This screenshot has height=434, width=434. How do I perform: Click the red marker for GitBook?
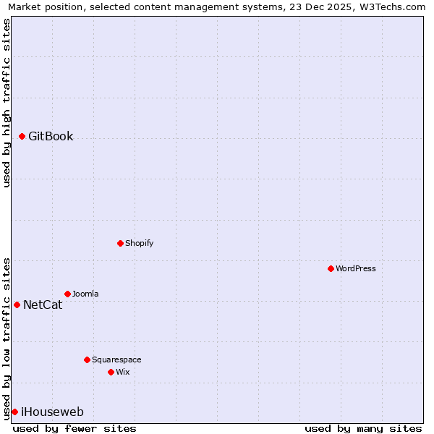coord(22,136)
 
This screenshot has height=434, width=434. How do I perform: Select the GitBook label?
coord(51,136)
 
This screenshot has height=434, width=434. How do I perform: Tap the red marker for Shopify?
coord(120,243)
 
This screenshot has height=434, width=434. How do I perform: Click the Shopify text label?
coord(139,243)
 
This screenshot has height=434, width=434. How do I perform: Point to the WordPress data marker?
coord(331,268)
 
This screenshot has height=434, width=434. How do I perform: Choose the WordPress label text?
coord(355,268)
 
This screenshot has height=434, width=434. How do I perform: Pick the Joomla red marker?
coord(67,294)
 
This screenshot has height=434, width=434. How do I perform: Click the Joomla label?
coord(85,294)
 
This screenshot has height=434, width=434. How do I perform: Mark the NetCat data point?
coord(17,305)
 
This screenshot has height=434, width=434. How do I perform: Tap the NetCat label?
coord(43,305)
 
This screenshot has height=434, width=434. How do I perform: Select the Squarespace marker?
coord(87,359)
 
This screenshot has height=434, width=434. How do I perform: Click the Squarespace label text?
coord(116,359)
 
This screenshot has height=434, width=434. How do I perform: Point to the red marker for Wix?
coord(111,372)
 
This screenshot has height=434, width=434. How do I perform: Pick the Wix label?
coord(123,372)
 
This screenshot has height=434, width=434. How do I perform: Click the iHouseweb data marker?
coord(14,412)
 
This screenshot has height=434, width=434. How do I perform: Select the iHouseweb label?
coord(52,412)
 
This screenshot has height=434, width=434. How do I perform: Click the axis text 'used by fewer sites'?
coord(75,428)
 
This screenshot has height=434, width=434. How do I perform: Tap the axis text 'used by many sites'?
coord(363,428)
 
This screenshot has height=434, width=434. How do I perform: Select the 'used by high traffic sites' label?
coord(7,103)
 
